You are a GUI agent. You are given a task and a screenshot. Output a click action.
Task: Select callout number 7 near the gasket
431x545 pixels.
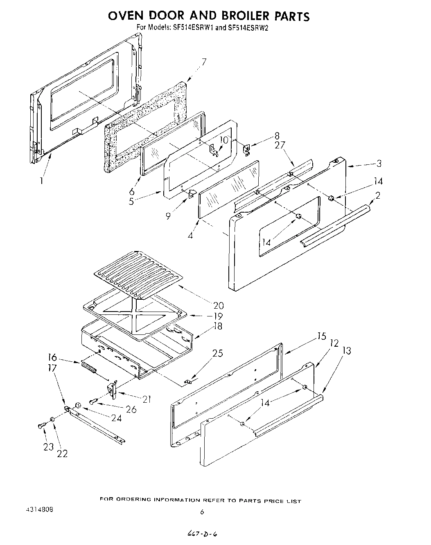point(203,63)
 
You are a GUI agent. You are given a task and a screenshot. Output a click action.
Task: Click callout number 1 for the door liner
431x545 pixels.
point(41,180)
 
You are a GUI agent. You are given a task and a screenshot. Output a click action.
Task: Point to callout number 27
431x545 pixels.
point(280,146)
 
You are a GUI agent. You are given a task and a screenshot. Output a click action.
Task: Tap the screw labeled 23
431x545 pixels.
point(40,426)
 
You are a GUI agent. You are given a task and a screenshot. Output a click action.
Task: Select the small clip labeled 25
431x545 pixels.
point(188,382)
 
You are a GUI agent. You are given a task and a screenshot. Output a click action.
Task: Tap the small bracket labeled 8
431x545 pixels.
point(247,150)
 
